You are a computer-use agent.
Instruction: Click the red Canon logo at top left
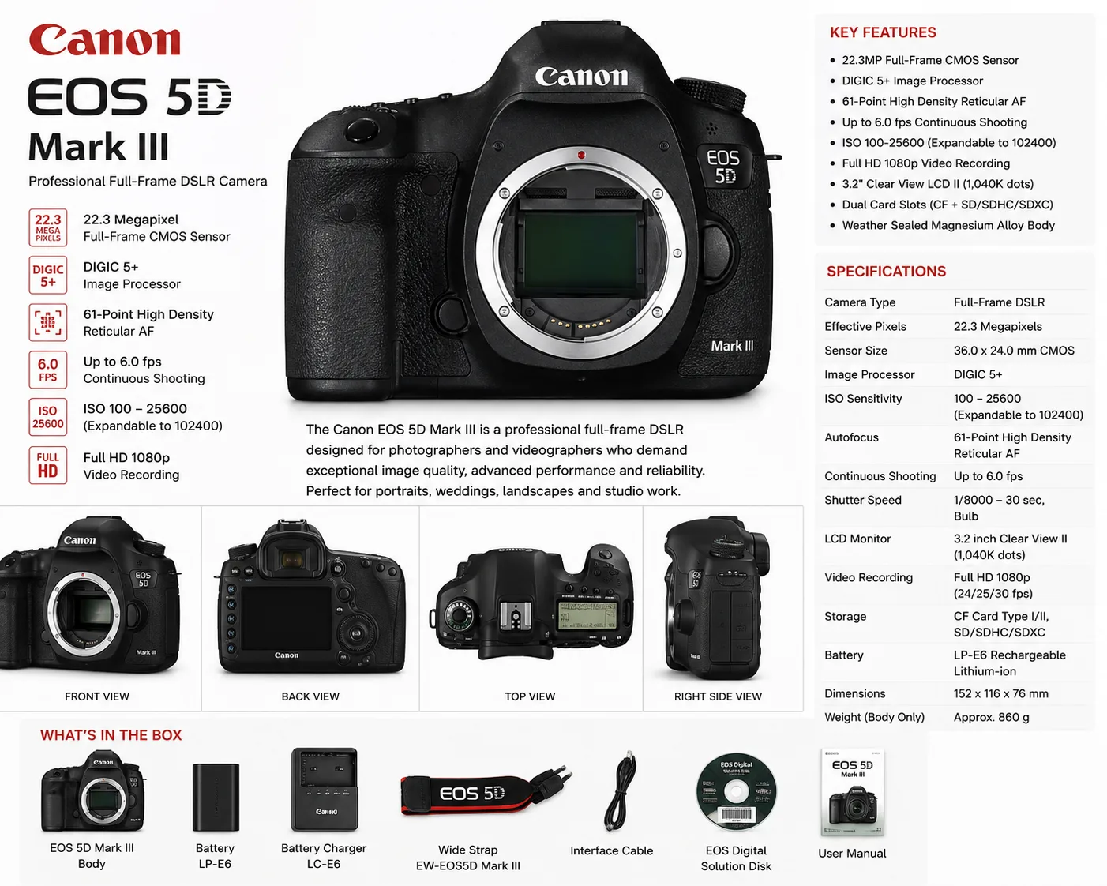click(x=105, y=39)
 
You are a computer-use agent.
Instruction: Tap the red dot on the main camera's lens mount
click(x=581, y=155)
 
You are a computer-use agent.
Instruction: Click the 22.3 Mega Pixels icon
click(x=48, y=227)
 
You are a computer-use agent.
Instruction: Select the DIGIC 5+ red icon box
click(x=48, y=275)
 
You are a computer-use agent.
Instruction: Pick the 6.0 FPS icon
click(x=48, y=370)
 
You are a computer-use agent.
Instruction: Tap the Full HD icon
click(x=48, y=465)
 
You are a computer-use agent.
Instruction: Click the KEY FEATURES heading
click(x=883, y=32)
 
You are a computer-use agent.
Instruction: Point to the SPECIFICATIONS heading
click(x=886, y=271)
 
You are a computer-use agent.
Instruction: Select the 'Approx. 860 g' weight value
click(x=991, y=717)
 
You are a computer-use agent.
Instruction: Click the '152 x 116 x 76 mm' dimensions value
click(x=1000, y=693)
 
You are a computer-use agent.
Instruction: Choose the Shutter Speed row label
click(x=863, y=500)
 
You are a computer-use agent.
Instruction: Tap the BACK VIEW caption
click(x=310, y=696)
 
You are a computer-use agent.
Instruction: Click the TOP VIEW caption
click(x=530, y=696)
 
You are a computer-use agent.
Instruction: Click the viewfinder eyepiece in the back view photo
click(x=292, y=559)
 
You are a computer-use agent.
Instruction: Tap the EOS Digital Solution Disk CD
click(x=736, y=792)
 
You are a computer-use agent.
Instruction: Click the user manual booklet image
click(x=853, y=792)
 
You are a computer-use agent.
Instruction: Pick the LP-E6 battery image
click(x=216, y=797)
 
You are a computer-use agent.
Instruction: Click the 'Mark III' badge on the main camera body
click(x=732, y=346)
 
